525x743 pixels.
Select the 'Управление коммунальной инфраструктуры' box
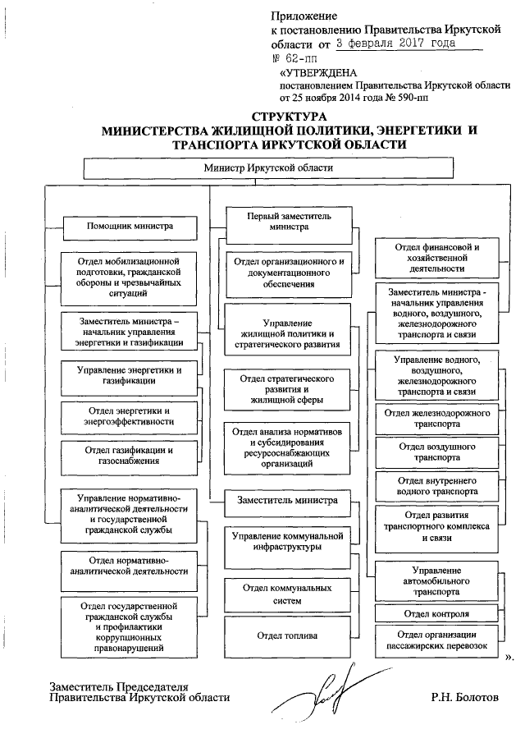pos(286,542)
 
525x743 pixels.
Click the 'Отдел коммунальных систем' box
pos(286,594)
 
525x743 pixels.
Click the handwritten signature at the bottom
pos(325,688)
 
